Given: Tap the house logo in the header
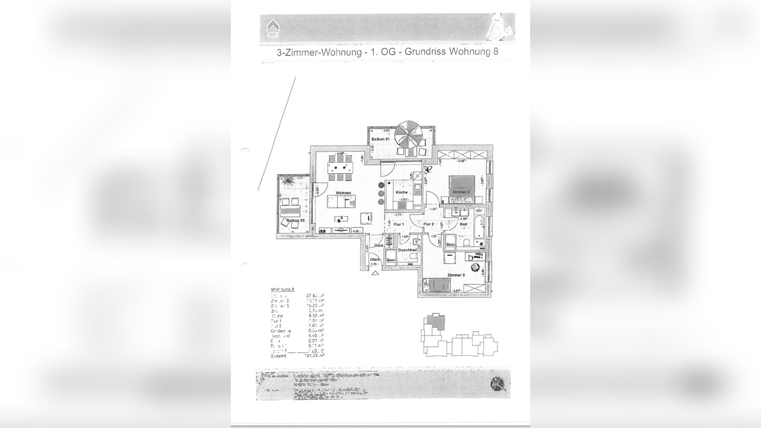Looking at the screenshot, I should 273,29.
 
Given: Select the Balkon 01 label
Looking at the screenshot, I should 381,140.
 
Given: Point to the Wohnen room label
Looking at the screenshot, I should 343,193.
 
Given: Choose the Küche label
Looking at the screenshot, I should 401,192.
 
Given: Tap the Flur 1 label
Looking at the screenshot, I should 399,224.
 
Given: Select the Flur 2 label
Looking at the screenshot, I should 429,224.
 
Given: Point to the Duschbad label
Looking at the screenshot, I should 407,250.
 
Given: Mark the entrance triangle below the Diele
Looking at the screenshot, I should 375,273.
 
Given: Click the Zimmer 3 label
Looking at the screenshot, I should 456,275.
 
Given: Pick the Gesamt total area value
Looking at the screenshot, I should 315,356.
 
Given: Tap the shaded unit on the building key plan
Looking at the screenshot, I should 435,320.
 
